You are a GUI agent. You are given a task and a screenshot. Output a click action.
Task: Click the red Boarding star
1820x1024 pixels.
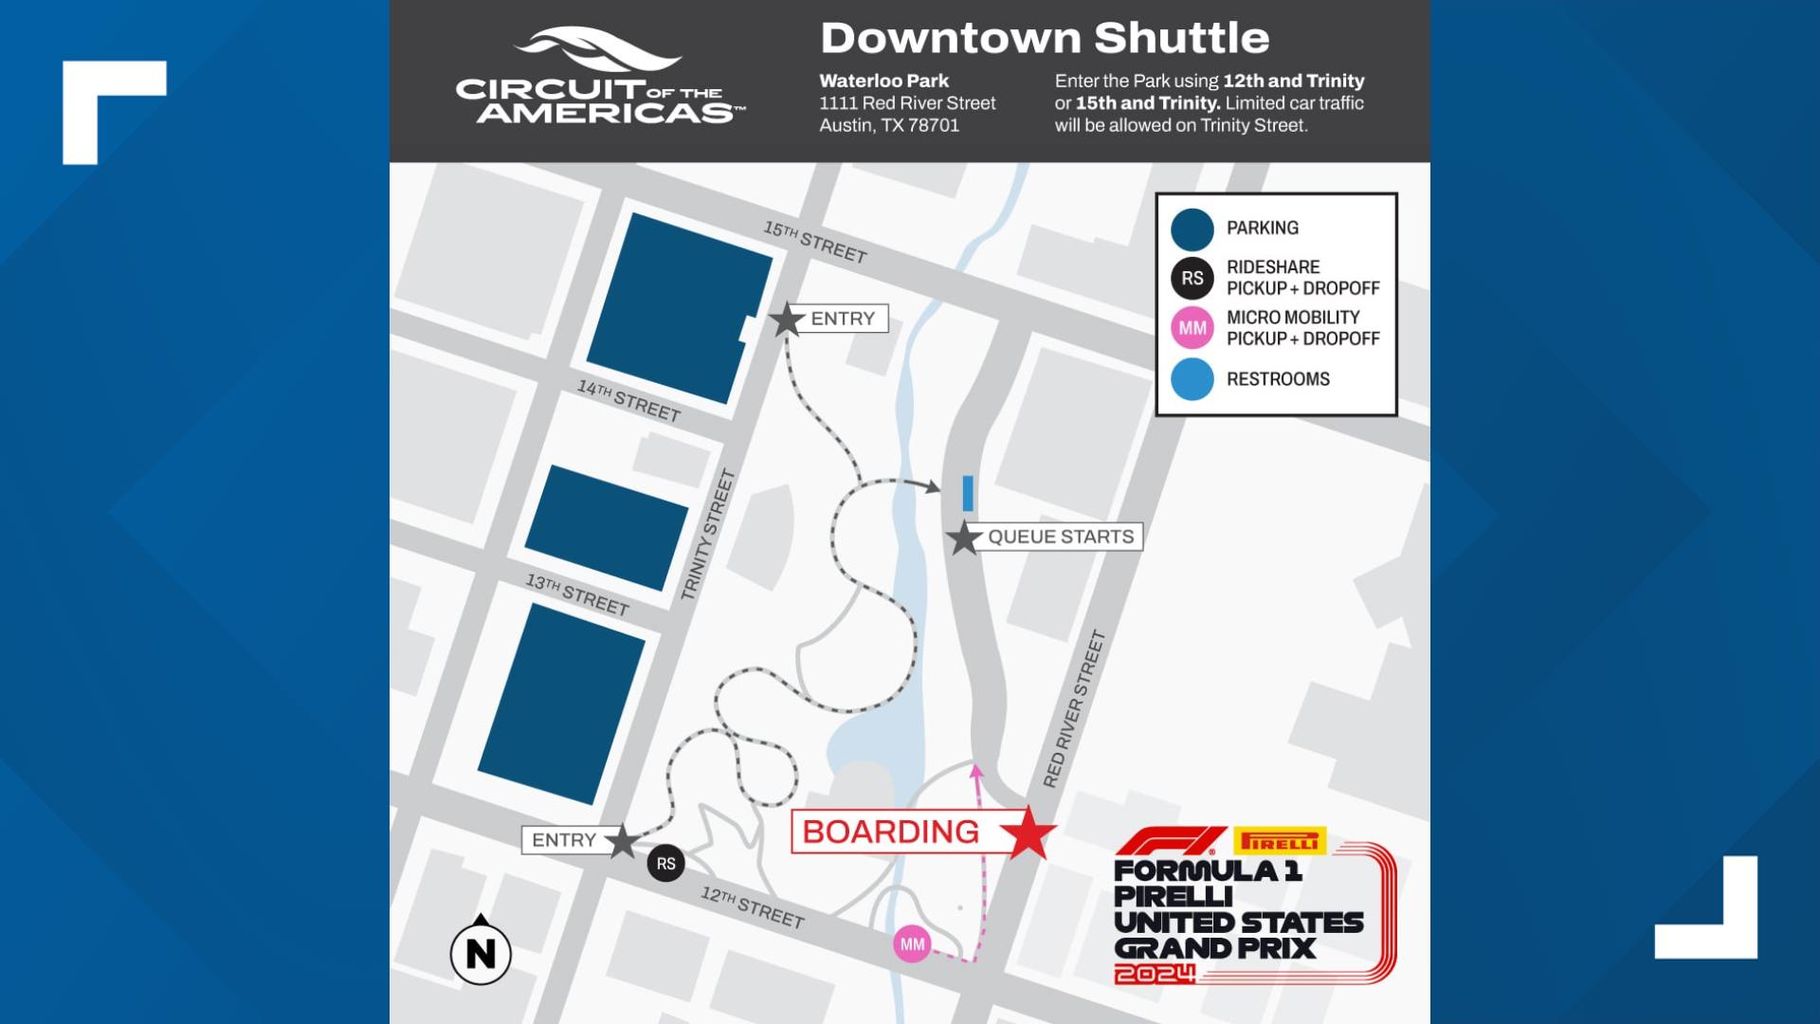pos(1028,833)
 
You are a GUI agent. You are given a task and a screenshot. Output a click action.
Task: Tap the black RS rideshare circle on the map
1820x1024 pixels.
pos(665,864)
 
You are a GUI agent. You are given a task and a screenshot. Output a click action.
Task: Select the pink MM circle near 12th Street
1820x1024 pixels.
pos(912,944)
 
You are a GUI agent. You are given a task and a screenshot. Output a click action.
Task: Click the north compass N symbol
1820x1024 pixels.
pos(481,952)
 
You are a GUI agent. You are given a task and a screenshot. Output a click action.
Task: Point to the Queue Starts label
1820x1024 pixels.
pos(1060,537)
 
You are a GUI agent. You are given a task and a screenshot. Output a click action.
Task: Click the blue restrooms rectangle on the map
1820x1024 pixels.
pos(968,493)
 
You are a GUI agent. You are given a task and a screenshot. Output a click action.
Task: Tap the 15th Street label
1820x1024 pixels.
pos(815,242)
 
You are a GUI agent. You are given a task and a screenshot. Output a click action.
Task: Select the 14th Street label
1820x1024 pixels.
pos(629,400)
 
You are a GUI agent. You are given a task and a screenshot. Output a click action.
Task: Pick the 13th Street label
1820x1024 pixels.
pos(577,594)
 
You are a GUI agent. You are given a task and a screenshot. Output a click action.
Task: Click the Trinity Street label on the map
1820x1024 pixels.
pos(708,535)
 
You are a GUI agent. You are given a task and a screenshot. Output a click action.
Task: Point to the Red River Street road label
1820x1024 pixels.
pos(1074,709)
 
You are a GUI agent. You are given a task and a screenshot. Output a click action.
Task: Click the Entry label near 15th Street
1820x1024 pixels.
pos(842,319)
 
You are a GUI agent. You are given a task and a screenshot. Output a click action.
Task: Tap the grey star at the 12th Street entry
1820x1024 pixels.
pos(622,841)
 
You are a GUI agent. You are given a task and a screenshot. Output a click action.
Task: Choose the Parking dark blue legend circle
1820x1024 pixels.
pos(1192,229)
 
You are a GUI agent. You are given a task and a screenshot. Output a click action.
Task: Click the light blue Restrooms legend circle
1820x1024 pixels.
pos(1192,379)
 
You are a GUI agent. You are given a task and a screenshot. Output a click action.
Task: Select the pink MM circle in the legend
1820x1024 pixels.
pos(1192,328)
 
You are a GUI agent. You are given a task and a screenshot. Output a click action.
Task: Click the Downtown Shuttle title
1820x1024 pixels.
pos(1044,38)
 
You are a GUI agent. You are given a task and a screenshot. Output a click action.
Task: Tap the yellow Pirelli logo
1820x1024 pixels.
pos(1280,841)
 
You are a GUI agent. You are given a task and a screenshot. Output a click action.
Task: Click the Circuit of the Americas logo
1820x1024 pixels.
pos(600,78)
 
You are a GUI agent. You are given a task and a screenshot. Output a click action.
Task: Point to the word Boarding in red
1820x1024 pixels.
pos(890,832)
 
